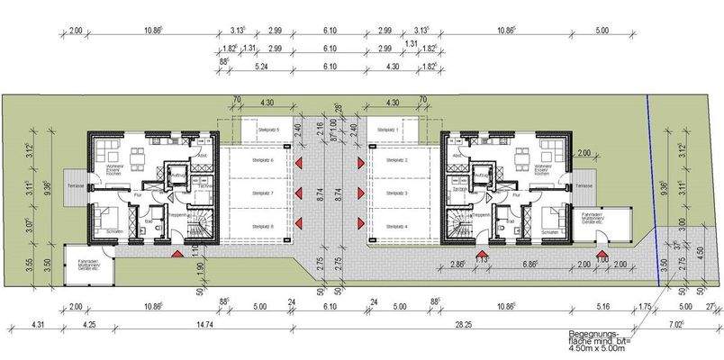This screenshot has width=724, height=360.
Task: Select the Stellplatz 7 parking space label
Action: (261, 193)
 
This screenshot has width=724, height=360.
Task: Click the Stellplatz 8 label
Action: (261, 225)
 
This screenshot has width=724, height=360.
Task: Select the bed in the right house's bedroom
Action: (549, 217)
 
